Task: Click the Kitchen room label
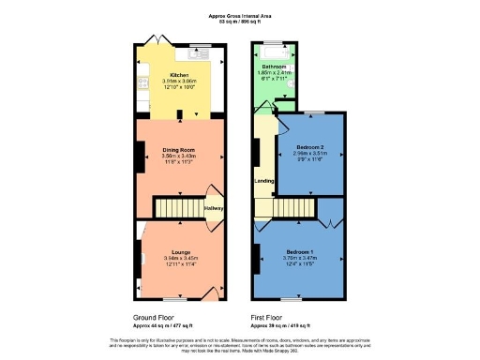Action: tap(179, 75)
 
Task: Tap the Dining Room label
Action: tap(178, 149)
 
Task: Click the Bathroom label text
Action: tap(275, 67)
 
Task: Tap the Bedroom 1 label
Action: tap(300, 252)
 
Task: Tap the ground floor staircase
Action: tap(172, 207)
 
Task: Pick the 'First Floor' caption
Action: tap(270, 317)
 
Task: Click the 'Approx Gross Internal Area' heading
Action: tap(239, 16)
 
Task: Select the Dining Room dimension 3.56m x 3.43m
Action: tap(178, 156)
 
